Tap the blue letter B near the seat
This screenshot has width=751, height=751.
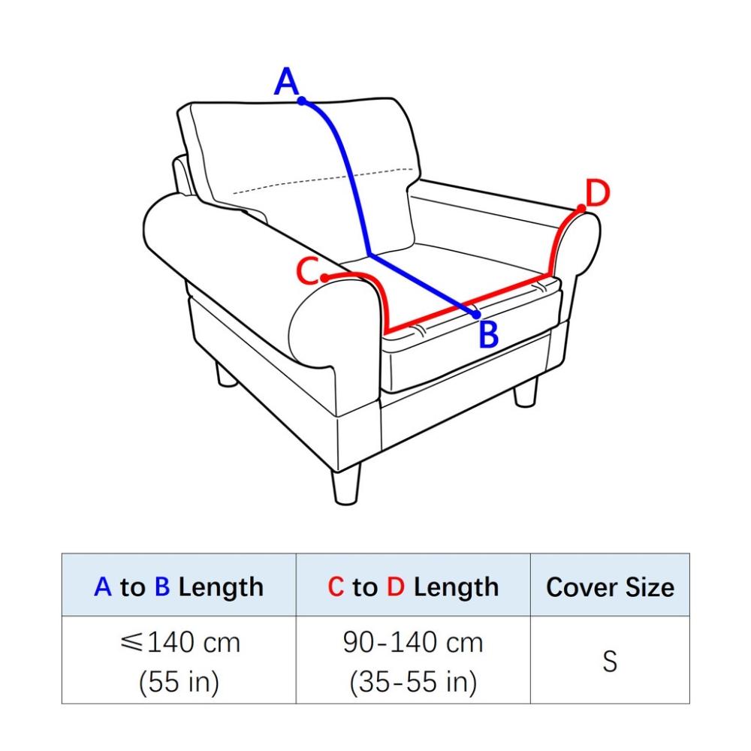point(489,334)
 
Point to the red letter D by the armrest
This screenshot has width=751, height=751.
point(598,193)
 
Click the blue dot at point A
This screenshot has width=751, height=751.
point(302,101)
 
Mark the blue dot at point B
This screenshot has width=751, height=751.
point(475,315)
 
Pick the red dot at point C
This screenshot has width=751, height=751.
point(324,278)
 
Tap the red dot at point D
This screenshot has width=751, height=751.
point(581,208)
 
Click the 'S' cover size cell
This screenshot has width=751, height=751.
point(610,661)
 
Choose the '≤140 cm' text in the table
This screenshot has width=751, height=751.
point(180,642)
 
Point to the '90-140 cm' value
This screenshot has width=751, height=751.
point(413,642)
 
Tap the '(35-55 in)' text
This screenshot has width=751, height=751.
point(413,682)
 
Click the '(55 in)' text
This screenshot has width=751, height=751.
point(179,682)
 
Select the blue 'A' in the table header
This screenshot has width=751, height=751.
point(102,587)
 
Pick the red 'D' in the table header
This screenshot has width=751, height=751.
point(396,587)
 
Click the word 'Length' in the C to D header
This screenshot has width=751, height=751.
point(456,588)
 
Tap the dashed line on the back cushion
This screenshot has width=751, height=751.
point(323,180)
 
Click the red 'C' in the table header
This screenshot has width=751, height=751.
point(336,587)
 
